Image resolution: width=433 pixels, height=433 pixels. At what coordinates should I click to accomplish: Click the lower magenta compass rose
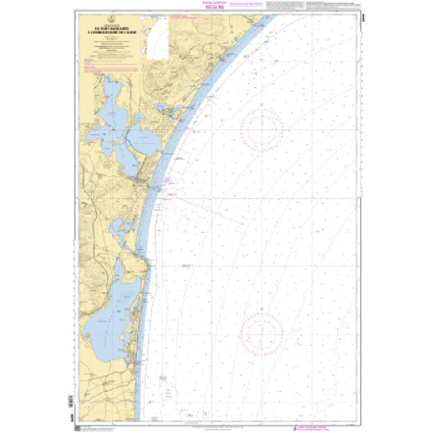[261, 332]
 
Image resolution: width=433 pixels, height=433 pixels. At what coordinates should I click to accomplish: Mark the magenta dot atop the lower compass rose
[261, 310]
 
